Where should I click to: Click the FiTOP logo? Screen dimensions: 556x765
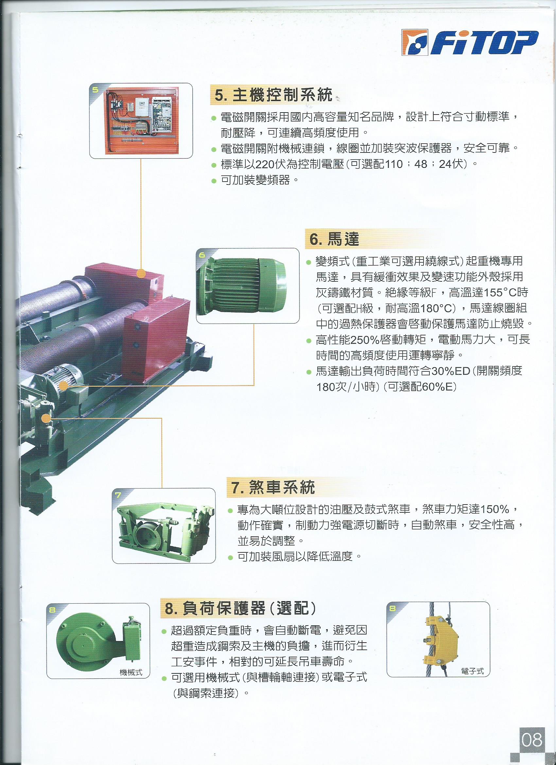coord(470,43)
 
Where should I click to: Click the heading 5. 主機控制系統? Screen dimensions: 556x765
coord(273,95)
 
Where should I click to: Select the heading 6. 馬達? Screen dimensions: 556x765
coord(334,239)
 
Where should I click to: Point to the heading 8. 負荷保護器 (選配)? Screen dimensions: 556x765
coord(240,608)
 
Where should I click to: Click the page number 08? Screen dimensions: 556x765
coord(532,740)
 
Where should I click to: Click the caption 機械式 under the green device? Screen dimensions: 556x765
coord(131,673)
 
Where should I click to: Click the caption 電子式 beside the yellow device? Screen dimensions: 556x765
coord(472,671)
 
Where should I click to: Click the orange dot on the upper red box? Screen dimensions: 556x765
coord(141,273)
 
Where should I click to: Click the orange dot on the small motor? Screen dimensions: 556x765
coord(63,385)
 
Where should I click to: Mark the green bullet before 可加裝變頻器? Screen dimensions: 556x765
coord(214,181)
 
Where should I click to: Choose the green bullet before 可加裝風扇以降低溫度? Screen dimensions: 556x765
coord(231,558)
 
